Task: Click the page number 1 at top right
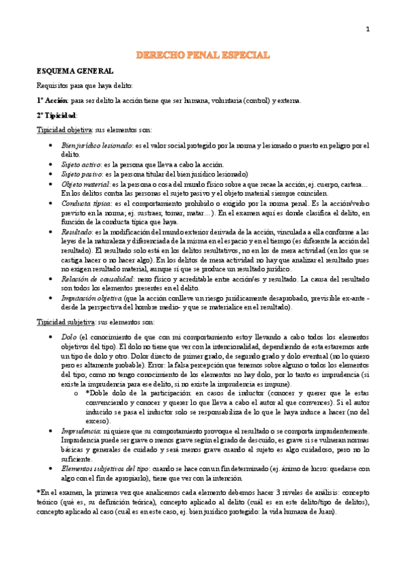coord(367,28)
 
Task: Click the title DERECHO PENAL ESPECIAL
coord(203,54)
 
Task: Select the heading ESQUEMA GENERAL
coord(75,70)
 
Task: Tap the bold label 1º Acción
coord(52,100)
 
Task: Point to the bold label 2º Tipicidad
coord(57,115)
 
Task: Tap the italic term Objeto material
coord(86,183)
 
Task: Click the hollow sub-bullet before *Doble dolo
coord(75,392)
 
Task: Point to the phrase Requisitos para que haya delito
coord(85,85)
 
